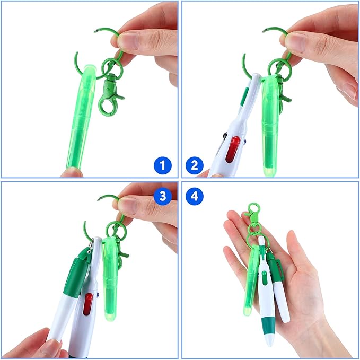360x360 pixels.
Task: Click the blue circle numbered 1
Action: click(163, 166)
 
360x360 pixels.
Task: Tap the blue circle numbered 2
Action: click(194, 166)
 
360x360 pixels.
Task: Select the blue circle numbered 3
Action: click(163, 196)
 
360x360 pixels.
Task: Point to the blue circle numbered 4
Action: click(194, 196)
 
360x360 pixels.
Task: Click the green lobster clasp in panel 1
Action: click(112, 93)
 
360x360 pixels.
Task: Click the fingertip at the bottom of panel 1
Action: click(71, 172)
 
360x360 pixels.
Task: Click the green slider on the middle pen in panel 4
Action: click(264, 276)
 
